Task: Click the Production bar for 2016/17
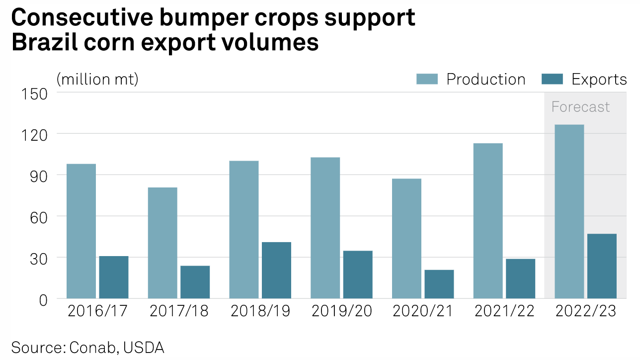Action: point(81,231)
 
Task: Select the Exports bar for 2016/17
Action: point(114,277)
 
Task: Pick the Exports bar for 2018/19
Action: point(276,270)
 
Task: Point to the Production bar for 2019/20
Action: point(325,228)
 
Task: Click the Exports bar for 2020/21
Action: point(439,284)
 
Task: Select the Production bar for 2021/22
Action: point(488,221)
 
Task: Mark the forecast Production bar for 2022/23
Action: point(569,211)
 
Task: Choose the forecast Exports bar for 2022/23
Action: point(602,266)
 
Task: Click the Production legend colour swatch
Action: point(427,79)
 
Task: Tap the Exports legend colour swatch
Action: point(552,79)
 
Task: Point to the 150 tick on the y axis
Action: point(34,93)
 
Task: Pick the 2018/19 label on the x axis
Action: point(260,311)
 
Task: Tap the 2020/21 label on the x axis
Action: point(423,311)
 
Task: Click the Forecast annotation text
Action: point(580,107)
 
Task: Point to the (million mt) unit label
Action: point(97,79)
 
